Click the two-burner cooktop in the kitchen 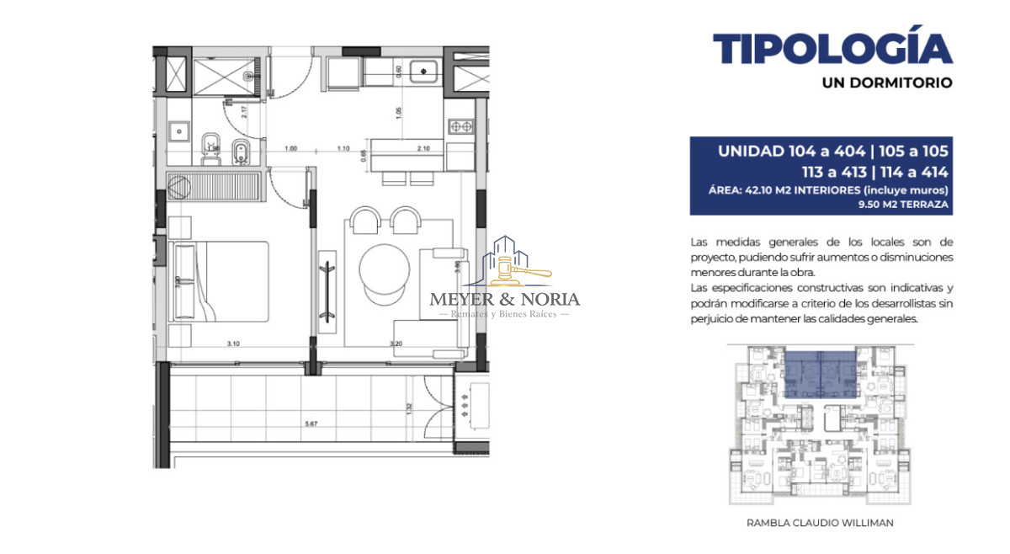(x=460, y=127)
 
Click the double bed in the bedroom (x=221, y=280)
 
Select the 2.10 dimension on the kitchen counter (x=423, y=149)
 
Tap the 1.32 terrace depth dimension (x=410, y=408)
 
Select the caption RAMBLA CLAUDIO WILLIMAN (x=820, y=523)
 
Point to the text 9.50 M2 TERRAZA (x=903, y=204)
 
